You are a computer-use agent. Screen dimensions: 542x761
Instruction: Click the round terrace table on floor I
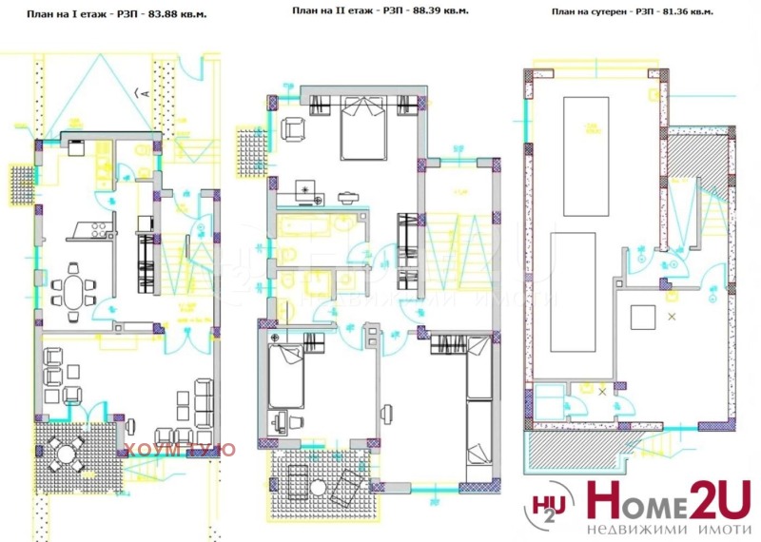coord(66,455)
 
